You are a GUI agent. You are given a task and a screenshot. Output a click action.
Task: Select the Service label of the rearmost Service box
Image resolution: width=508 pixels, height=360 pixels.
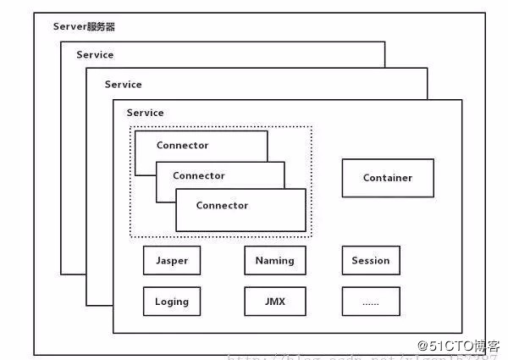pos(95,55)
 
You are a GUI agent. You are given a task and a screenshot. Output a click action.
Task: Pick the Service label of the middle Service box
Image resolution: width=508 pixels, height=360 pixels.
pos(123,85)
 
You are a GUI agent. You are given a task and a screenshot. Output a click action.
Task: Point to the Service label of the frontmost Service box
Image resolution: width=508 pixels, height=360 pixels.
pos(145,113)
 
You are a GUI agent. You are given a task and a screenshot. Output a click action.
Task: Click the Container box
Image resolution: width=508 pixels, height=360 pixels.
pos(388,178)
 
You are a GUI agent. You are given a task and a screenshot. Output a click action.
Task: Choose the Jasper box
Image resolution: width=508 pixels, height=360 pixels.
pos(172,260)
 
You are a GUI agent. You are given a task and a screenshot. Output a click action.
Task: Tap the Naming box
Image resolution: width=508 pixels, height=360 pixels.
pos(274,260)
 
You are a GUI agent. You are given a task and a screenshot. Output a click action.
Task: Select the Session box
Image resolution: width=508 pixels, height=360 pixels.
pos(371,260)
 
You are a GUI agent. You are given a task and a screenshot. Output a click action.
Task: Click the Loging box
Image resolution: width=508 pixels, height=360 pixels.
pos(172,301)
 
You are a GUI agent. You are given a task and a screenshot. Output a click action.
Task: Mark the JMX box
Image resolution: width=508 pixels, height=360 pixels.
pos(274,301)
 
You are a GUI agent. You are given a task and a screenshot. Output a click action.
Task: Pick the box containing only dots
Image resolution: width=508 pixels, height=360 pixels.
pos(371,301)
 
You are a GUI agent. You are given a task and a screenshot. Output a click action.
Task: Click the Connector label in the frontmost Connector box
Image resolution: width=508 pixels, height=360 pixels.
pos(222,205)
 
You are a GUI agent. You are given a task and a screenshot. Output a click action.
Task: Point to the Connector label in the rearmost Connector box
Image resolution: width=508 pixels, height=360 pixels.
pos(182,145)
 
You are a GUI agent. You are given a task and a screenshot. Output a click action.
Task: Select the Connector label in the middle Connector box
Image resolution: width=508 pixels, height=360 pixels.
pos(199,175)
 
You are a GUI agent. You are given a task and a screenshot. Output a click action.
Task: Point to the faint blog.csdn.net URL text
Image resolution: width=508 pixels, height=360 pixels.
pos(322,357)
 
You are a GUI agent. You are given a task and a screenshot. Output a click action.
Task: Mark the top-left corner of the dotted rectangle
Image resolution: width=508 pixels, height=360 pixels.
pos(130,127)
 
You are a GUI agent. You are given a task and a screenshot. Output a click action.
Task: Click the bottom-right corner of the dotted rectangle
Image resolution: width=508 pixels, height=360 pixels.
pos(312,237)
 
